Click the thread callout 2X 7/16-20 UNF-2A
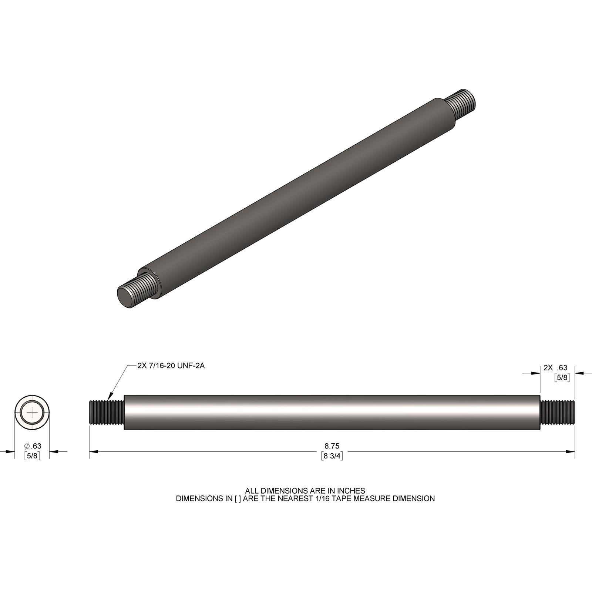pos(171,366)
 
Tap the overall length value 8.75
pos(332,446)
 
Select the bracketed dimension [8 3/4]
pos(332,456)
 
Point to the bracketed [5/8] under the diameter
pos(32,455)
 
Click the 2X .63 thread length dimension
pos(555,368)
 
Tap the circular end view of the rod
pos(33,412)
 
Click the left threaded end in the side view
pos(106,412)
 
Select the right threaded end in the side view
pos(558,412)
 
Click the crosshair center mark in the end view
pos(33,412)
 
